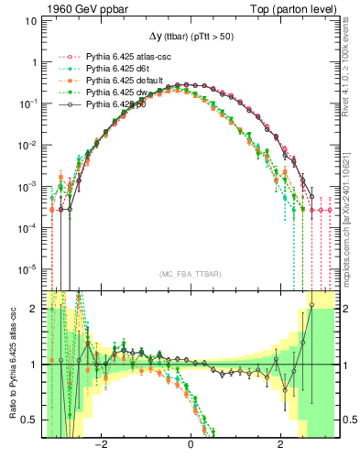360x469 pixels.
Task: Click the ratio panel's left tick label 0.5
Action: [30, 420]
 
